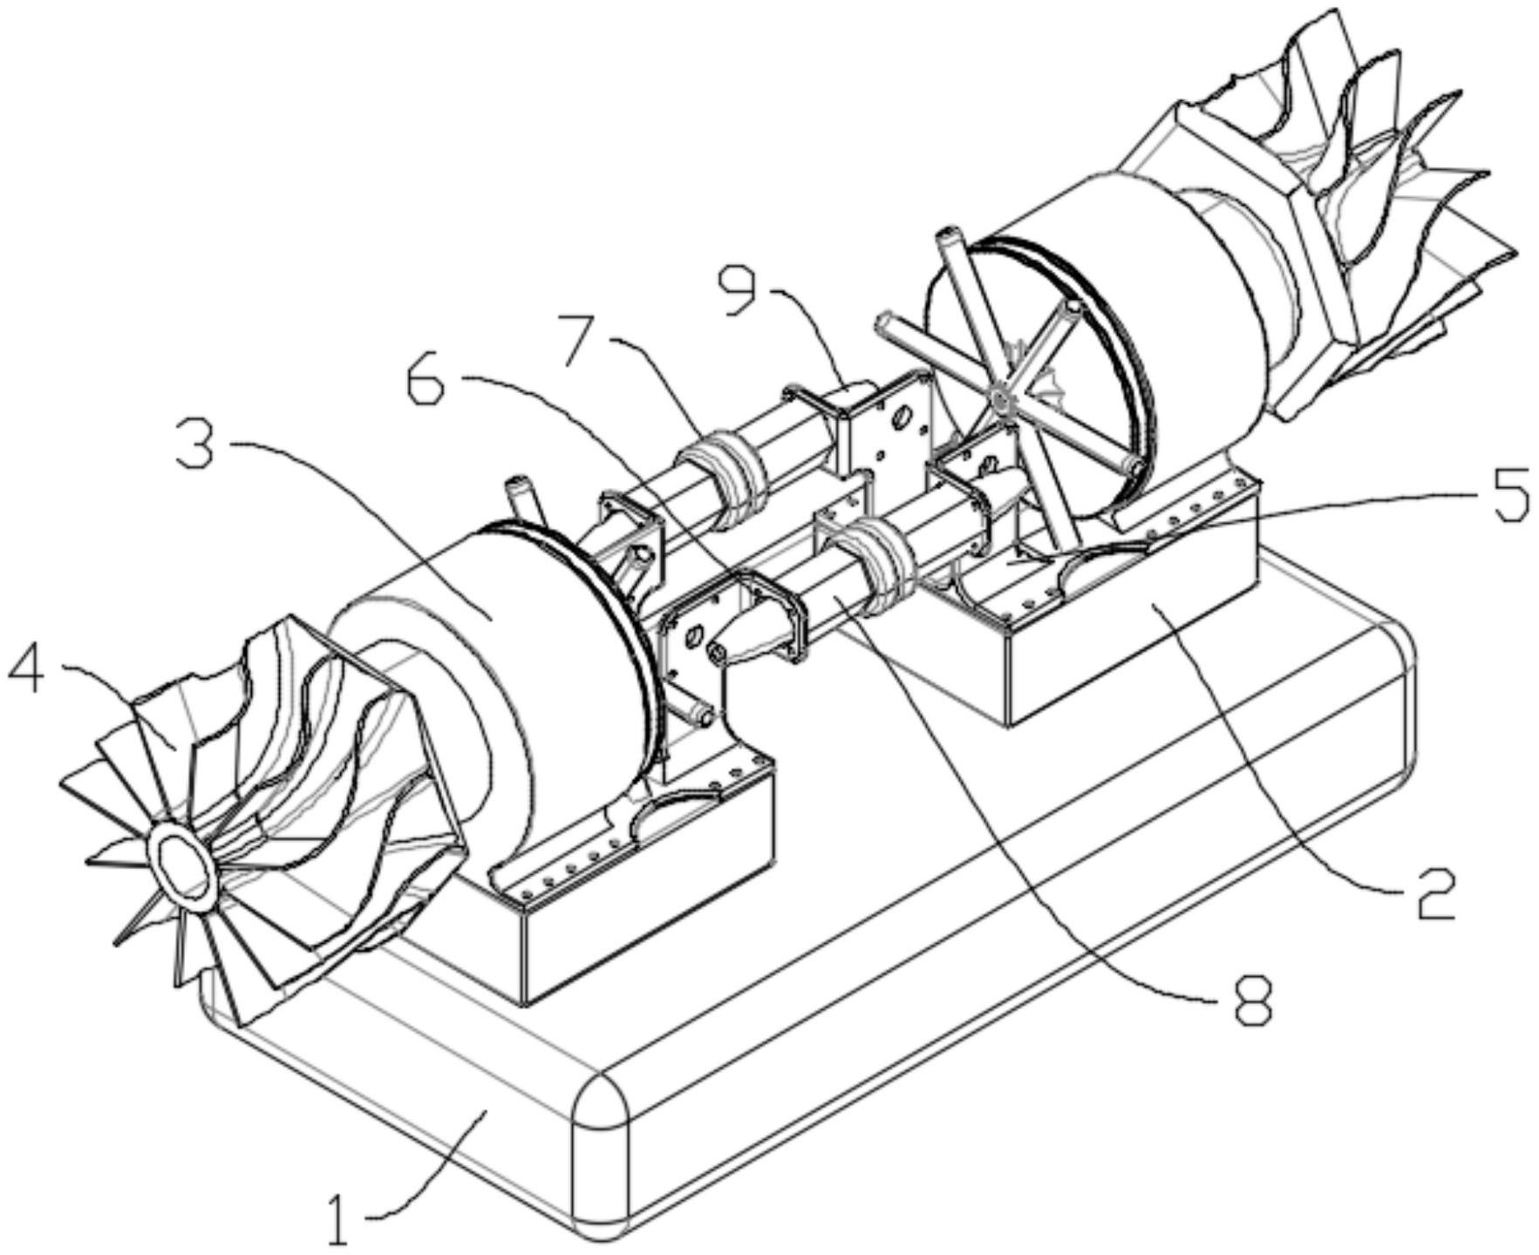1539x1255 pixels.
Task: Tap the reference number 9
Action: [x=742, y=292]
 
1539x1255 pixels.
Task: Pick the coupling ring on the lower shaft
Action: [x=879, y=560]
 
